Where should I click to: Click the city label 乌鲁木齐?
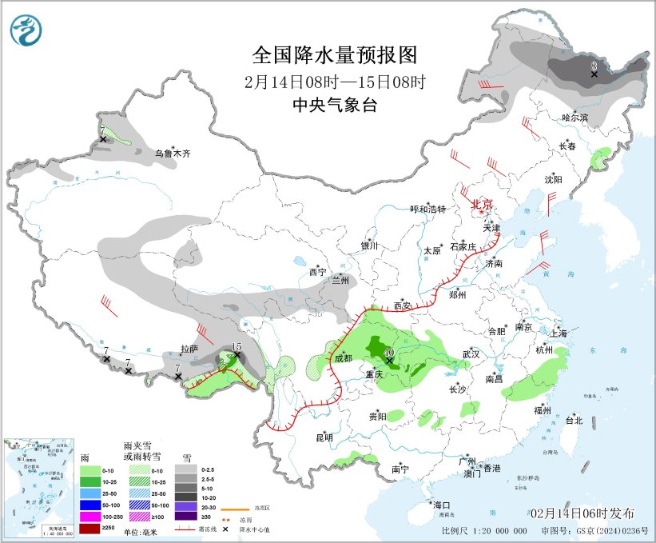click(x=173, y=153)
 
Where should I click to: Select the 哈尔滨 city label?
click(x=574, y=117)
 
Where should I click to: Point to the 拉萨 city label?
click(x=189, y=348)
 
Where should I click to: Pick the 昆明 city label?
click(x=324, y=437)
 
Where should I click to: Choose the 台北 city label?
click(x=574, y=420)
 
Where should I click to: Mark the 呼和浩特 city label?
click(x=427, y=209)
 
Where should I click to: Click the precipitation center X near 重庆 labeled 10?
click(x=389, y=361)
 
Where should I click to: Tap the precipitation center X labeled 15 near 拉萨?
click(x=237, y=355)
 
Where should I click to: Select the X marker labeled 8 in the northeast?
click(x=594, y=74)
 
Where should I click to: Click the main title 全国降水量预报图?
click(x=335, y=55)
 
